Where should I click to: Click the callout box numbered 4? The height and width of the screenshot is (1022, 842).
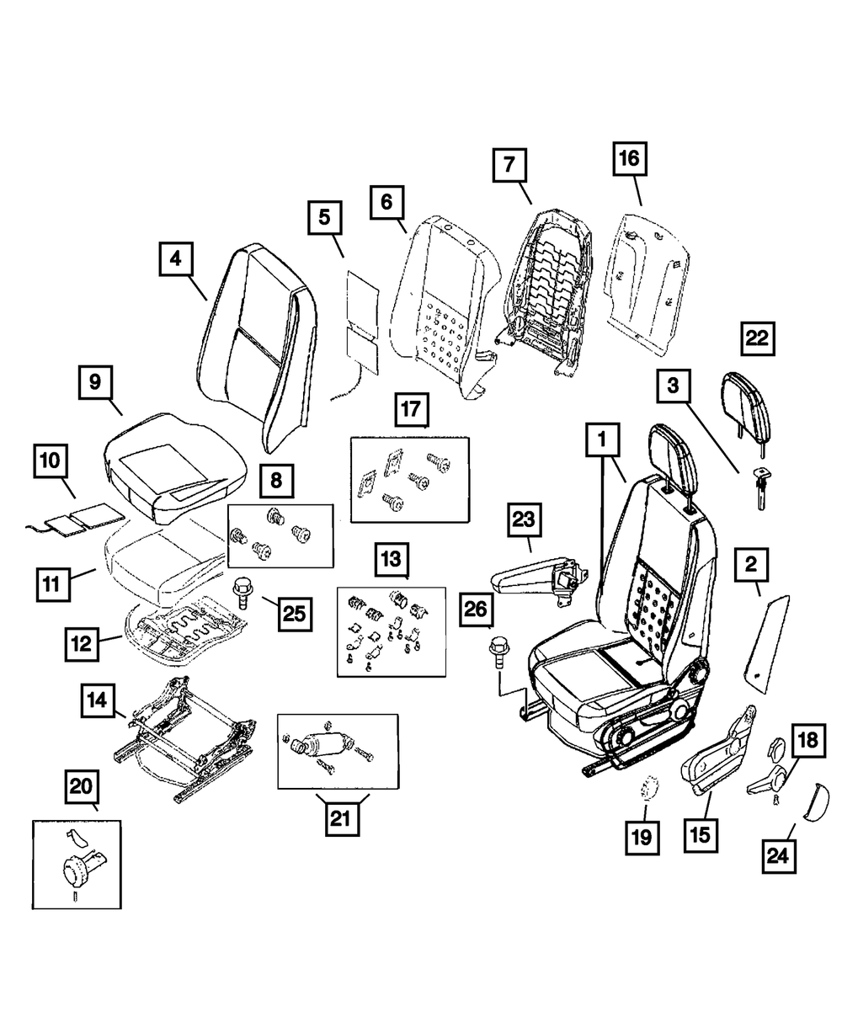(175, 258)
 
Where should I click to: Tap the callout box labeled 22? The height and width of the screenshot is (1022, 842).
(756, 338)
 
